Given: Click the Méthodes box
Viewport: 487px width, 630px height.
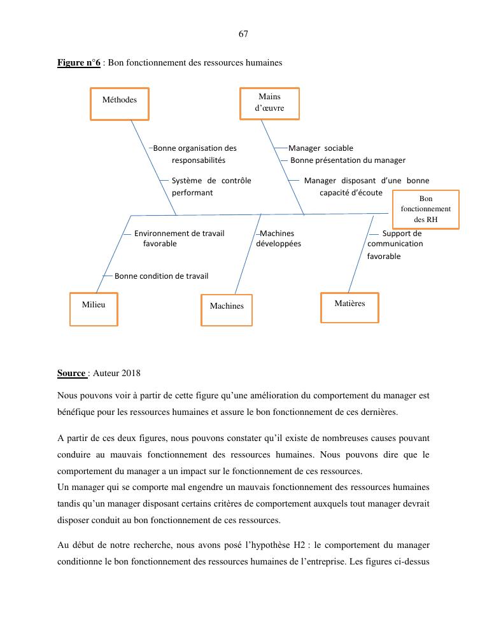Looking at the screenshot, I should (x=120, y=104).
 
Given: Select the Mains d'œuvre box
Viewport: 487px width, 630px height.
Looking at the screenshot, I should (x=269, y=103).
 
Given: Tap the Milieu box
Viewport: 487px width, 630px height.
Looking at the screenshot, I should (x=94, y=309).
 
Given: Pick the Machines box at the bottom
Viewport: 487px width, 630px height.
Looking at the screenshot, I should (x=227, y=310).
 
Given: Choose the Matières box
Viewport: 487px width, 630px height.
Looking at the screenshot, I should (x=349, y=307).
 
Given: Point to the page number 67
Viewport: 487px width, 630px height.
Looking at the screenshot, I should (x=243, y=34).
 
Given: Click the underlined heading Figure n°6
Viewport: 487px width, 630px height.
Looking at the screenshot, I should (x=79, y=62).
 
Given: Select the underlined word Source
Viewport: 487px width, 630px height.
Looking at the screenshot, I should (x=71, y=373).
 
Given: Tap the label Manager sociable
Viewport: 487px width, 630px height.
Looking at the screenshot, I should (x=321, y=148).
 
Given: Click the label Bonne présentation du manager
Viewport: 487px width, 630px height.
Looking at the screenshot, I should (x=348, y=160).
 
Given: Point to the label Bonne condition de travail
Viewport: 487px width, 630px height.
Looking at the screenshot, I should (x=161, y=276).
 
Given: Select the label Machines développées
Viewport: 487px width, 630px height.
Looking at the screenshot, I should (x=278, y=239).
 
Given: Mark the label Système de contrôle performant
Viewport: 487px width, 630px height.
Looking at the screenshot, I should (x=211, y=186).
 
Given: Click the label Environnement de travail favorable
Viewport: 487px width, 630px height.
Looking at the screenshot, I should (x=178, y=239).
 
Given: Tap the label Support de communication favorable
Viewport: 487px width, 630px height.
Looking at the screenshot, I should (x=395, y=244).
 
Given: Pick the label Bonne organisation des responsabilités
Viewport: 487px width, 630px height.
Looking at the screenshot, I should (x=195, y=154).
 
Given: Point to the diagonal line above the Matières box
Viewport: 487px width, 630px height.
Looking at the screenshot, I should (x=361, y=255).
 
